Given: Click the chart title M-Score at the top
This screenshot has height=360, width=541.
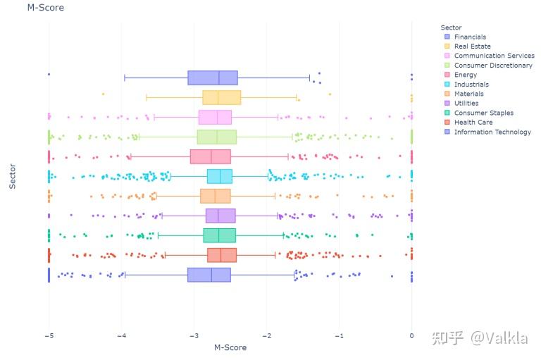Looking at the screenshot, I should click(46, 8).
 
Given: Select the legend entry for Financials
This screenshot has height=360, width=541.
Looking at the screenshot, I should click(470, 37).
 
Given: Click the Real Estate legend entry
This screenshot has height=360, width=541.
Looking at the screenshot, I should click(472, 46).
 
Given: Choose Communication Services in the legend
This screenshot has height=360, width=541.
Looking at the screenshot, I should click(494, 56).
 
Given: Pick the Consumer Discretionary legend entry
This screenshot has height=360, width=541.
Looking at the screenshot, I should click(493, 66).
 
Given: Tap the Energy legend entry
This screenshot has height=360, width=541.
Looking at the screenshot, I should click(465, 75).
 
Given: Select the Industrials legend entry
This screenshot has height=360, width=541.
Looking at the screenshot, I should click(471, 85).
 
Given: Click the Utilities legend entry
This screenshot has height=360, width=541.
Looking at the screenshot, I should click(466, 104).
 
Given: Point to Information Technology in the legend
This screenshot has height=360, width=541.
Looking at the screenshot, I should click(492, 132).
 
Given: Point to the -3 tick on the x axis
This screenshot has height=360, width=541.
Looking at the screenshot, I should click(194, 336).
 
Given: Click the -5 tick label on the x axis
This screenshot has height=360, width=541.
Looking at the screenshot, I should click(48, 336).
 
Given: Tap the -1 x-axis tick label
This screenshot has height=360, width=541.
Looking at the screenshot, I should click(339, 336).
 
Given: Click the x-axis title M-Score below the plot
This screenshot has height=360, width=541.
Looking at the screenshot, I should click(230, 347).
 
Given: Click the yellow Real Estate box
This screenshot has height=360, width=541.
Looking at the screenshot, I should click(221, 97).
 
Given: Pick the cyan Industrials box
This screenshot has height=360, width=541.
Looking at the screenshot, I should click(219, 176).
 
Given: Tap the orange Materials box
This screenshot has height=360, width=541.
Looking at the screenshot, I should click(215, 196).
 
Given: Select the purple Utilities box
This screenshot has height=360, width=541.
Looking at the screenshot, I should click(220, 216).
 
